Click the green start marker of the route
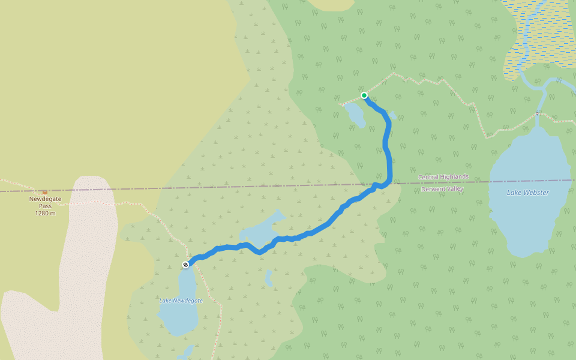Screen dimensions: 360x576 click(x=364, y=95)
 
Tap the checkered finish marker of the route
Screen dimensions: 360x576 click(x=186, y=264)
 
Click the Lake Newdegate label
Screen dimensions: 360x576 click(x=181, y=300)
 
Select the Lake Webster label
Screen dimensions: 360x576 click(x=527, y=193)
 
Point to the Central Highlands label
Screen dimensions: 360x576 click(x=443, y=177)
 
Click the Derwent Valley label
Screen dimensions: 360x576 click(x=443, y=189)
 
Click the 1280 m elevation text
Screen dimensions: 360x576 click(x=45, y=213)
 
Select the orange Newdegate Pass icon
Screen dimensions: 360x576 click(x=44, y=192)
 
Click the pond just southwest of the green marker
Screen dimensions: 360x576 click(x=355, y=114)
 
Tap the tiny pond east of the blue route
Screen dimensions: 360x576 click(x=392, y=115)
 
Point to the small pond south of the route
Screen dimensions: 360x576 click(x=269, y=278)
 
